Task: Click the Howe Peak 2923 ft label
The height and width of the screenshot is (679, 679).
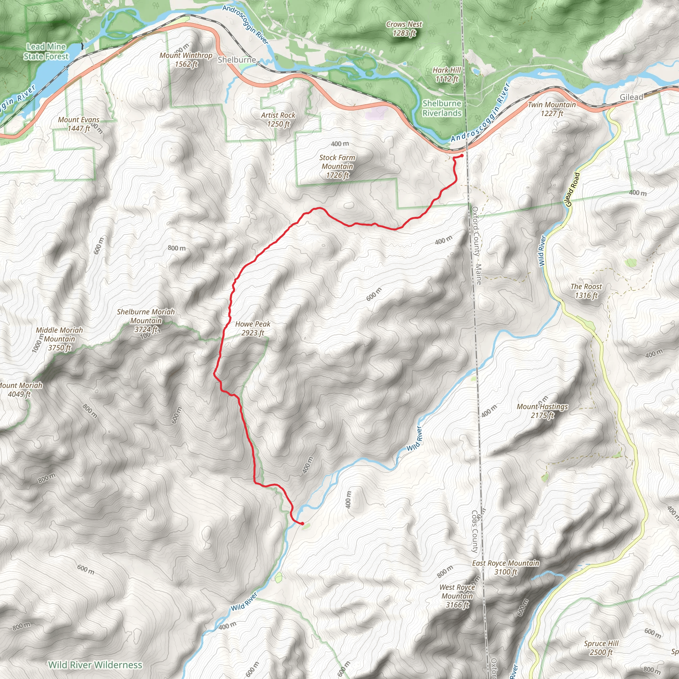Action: point(252,328)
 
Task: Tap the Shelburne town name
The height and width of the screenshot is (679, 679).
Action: point(236,60)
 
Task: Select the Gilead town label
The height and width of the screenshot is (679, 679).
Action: point(631,97)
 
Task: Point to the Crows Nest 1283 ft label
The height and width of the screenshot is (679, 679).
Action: point(404,29)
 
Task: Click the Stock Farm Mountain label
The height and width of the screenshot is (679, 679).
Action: point(337,166)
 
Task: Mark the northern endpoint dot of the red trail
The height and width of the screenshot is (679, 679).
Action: point(462,155)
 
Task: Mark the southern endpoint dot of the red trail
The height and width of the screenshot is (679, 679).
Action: point(302,524)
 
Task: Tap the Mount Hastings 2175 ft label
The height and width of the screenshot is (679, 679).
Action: point(542,411)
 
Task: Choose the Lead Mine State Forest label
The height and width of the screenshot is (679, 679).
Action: point(46,51)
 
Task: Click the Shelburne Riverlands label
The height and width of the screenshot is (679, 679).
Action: point(442,108)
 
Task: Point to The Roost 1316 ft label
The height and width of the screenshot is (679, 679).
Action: point(586,291)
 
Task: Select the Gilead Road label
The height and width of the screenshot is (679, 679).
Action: point(572,189)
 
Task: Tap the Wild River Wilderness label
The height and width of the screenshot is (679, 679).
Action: point(95,665)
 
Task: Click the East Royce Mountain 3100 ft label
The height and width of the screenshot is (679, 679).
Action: point(505,567)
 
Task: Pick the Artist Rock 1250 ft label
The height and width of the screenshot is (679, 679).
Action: point(278,119)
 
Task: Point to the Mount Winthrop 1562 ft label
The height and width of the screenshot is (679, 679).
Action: point(186,60)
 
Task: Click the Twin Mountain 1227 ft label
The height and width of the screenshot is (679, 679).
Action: point(552,109)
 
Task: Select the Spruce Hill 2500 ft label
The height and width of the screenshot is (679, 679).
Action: point(601,648)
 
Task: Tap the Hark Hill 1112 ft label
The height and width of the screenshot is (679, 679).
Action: point(446,75)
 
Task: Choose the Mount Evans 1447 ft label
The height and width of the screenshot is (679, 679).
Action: point(79,124)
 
